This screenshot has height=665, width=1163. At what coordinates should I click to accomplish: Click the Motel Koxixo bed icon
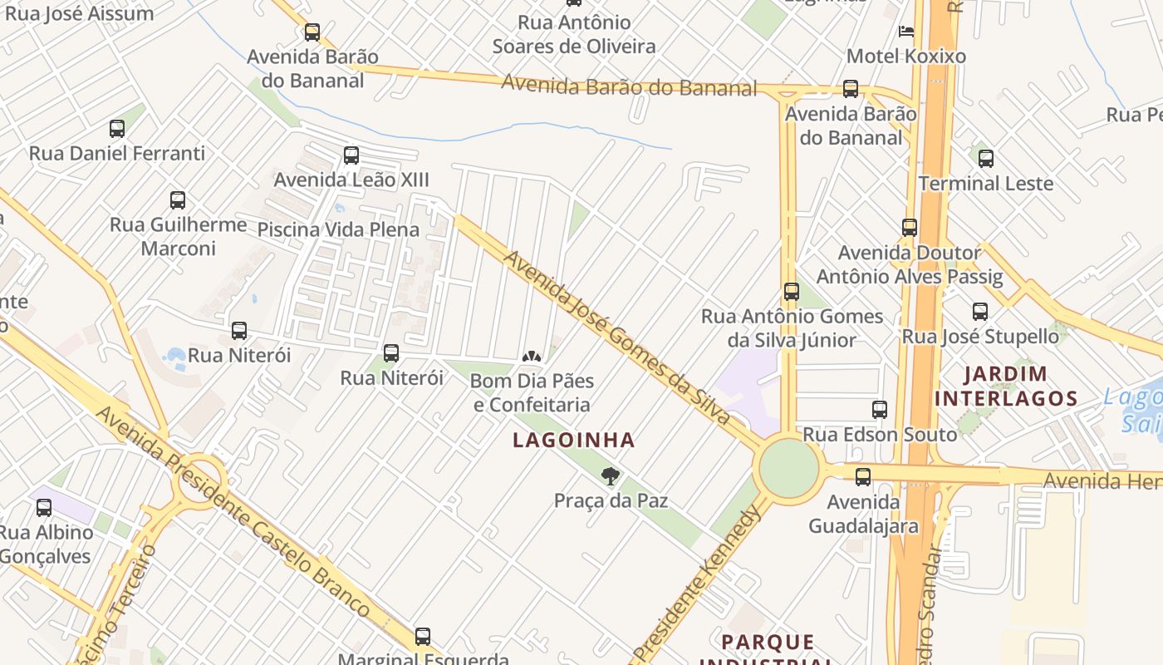(906, 32)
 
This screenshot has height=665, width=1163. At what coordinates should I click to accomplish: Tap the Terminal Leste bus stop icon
(986, 158)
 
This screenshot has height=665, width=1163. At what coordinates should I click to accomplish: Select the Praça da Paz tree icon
(611, 476)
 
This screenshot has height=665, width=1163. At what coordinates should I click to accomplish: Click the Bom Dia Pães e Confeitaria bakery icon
(532, 357)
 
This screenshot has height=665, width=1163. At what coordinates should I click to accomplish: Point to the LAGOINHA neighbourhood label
(574, 440)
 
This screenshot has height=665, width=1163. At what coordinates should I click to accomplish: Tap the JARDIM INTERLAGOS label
(1006, 386)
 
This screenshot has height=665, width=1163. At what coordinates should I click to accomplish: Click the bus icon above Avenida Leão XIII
(351, 155)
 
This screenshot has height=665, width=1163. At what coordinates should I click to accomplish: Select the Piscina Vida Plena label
(338, 229)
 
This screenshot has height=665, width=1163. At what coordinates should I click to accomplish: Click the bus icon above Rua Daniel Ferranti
(117, 129)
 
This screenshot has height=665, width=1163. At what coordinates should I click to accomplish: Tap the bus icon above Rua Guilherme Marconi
(178, 200)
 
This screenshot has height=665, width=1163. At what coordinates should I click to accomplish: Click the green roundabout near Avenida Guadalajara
(788, 468)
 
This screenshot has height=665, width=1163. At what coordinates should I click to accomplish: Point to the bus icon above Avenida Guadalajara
(863, 477)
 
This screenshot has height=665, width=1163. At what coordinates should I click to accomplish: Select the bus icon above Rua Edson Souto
(880, 410)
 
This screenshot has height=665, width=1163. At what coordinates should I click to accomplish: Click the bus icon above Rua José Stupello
(980, 312)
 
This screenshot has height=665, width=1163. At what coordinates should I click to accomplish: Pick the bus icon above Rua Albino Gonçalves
(44, 507)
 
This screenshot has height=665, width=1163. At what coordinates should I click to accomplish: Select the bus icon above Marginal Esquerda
(423, 637)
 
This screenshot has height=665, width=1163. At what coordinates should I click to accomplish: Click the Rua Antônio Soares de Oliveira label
(574, 34)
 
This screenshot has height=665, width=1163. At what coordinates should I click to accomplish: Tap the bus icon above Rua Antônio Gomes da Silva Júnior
(792, 292)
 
